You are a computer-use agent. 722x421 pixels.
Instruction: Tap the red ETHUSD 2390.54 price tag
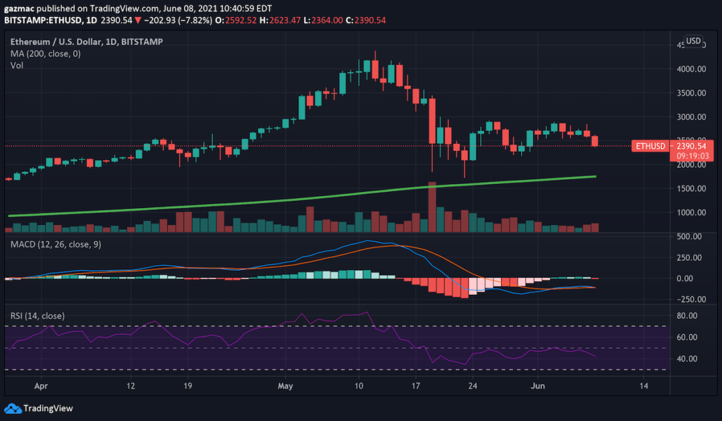pyautogui.click(x=668, y=146)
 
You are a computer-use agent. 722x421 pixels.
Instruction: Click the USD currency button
pyautogui.click(x=694, y=41)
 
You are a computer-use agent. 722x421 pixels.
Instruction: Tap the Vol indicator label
pyautogui.click(x=17, y=66)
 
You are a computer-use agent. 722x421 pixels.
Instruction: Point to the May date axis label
pyautogui.click(x=285, y=386)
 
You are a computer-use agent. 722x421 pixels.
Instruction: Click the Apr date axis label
pyautogui.click(x=41, y=386)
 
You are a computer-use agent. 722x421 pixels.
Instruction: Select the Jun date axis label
pyautogui.click(x=539, y=386)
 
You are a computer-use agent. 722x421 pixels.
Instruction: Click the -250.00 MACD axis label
pyautogui.click(x=687, y=299)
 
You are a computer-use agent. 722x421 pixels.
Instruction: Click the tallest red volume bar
pyautogui.click(x=432, y=207)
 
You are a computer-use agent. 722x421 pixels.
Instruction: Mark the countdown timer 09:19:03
pyautogui.click(x=668, y=156)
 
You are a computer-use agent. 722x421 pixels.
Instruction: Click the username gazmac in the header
pyautogui.click(x=21, y=6)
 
